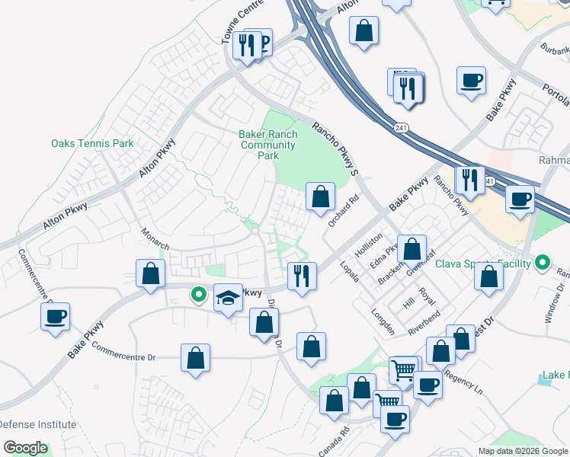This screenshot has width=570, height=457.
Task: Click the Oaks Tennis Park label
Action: (x=92, y=143)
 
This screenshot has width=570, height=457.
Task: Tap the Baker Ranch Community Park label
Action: (x=267, y=145)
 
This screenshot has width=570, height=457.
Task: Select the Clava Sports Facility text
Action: (x=482, y=264)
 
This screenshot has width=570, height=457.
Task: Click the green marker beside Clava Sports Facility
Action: (x=542, y=264)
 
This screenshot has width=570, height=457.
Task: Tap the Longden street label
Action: (x=383, y=321)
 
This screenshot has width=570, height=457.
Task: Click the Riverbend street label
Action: (x=424, y=322)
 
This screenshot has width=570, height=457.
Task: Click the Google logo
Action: (x=25, y=448)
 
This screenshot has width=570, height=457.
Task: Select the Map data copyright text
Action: (x=524, y=451)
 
